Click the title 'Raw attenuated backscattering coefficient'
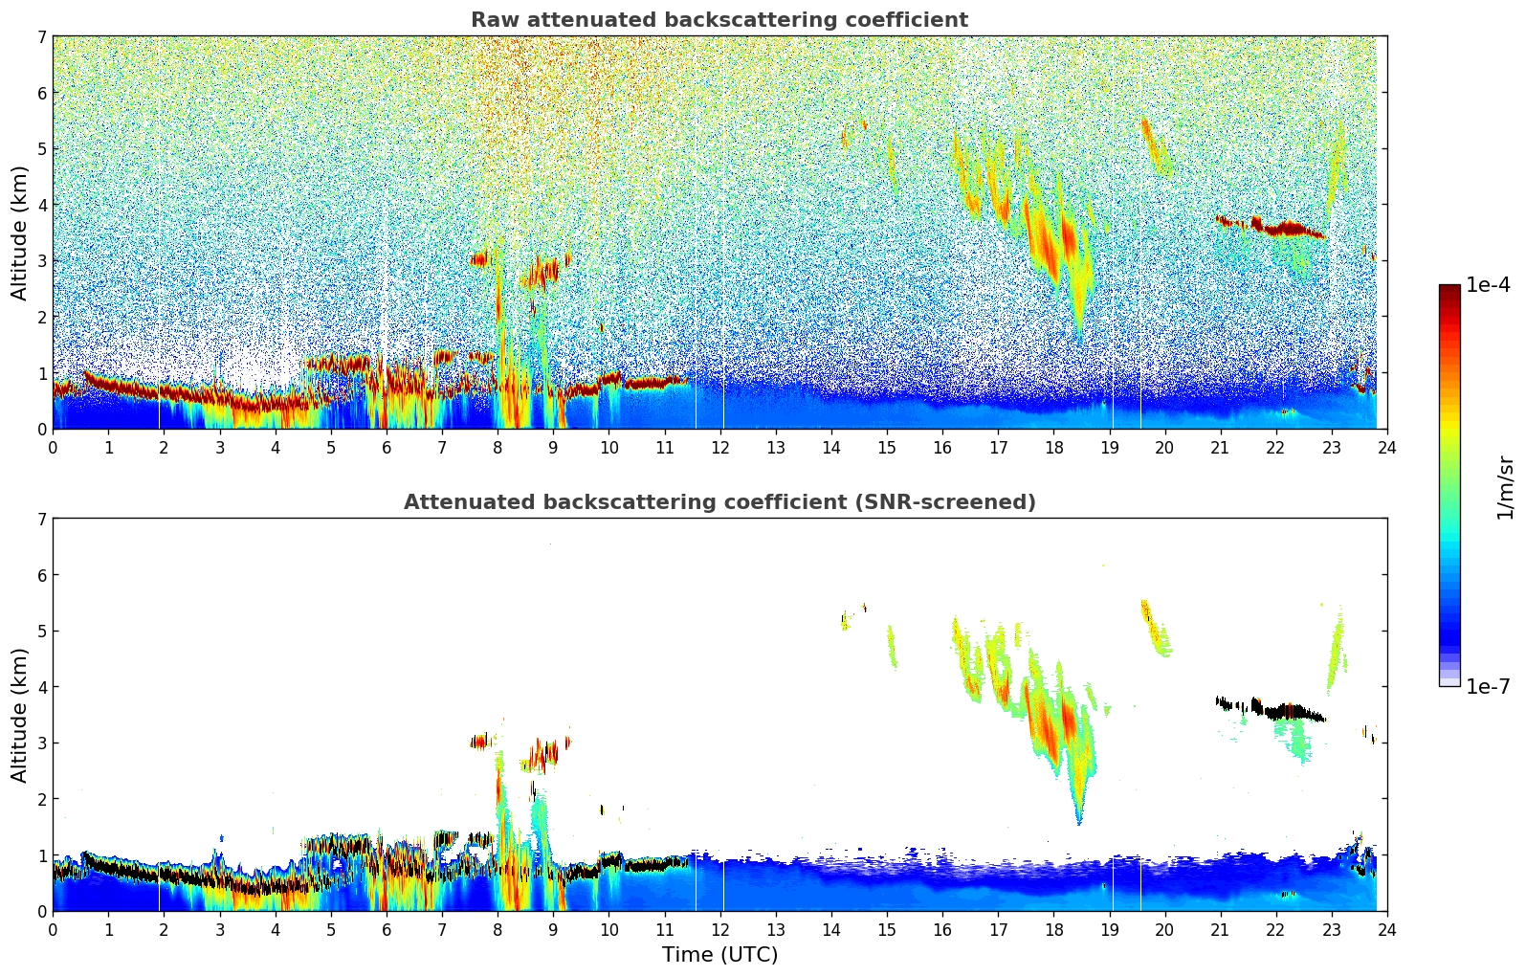[x=719, y=20]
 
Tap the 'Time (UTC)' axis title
[x=719, y=954]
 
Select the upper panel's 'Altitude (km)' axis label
[x=20, y=233]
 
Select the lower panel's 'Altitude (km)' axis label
[x=20, y=715]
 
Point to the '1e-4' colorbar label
[x=1488, y=285]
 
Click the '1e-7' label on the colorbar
[x=1488, y=686]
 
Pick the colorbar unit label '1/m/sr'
[x=1505, y=488]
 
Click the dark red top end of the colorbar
[x=1449, y=289]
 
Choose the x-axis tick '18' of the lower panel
[x=1053, y=929]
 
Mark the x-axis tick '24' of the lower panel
[x=1387, y=929]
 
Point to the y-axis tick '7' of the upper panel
[x=42, y=37]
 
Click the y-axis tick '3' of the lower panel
[x=42, y=743]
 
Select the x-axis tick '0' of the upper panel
[x=53, y=447]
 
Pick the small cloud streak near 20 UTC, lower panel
[x=1153, y=627]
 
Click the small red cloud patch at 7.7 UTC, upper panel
[x=479, y=258]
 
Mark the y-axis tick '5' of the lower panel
[x=42, y=631]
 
